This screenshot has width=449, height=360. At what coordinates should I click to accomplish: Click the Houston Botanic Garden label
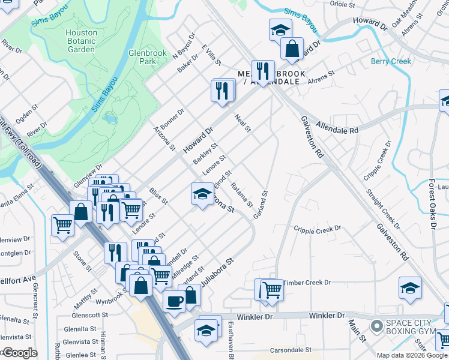tap(81, 41)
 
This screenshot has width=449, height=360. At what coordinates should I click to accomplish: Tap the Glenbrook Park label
tap(147, 57)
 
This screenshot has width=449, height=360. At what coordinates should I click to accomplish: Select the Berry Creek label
tap(391, 61)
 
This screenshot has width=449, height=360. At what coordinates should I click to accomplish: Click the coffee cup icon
tap(175, 301)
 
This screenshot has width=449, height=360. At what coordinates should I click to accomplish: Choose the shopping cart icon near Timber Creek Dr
tap(272, 289)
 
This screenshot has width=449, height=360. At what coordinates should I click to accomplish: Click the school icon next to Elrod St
tap(202, 193)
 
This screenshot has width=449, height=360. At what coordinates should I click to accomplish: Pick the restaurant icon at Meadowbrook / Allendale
tap(262, 70)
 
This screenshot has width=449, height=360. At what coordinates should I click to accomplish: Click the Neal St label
tap(243, 123)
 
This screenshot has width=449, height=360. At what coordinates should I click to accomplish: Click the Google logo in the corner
tap(19, 353)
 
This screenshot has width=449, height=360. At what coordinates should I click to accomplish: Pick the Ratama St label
tap(241, 196)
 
